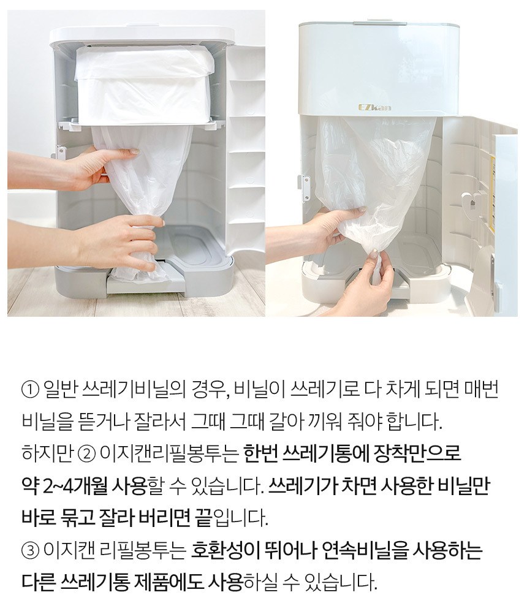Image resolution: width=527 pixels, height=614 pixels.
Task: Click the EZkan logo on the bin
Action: point(374,107)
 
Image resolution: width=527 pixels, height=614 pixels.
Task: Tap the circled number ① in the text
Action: point(30,390)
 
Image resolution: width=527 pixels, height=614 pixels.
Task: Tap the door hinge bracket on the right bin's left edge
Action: point(304,189)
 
